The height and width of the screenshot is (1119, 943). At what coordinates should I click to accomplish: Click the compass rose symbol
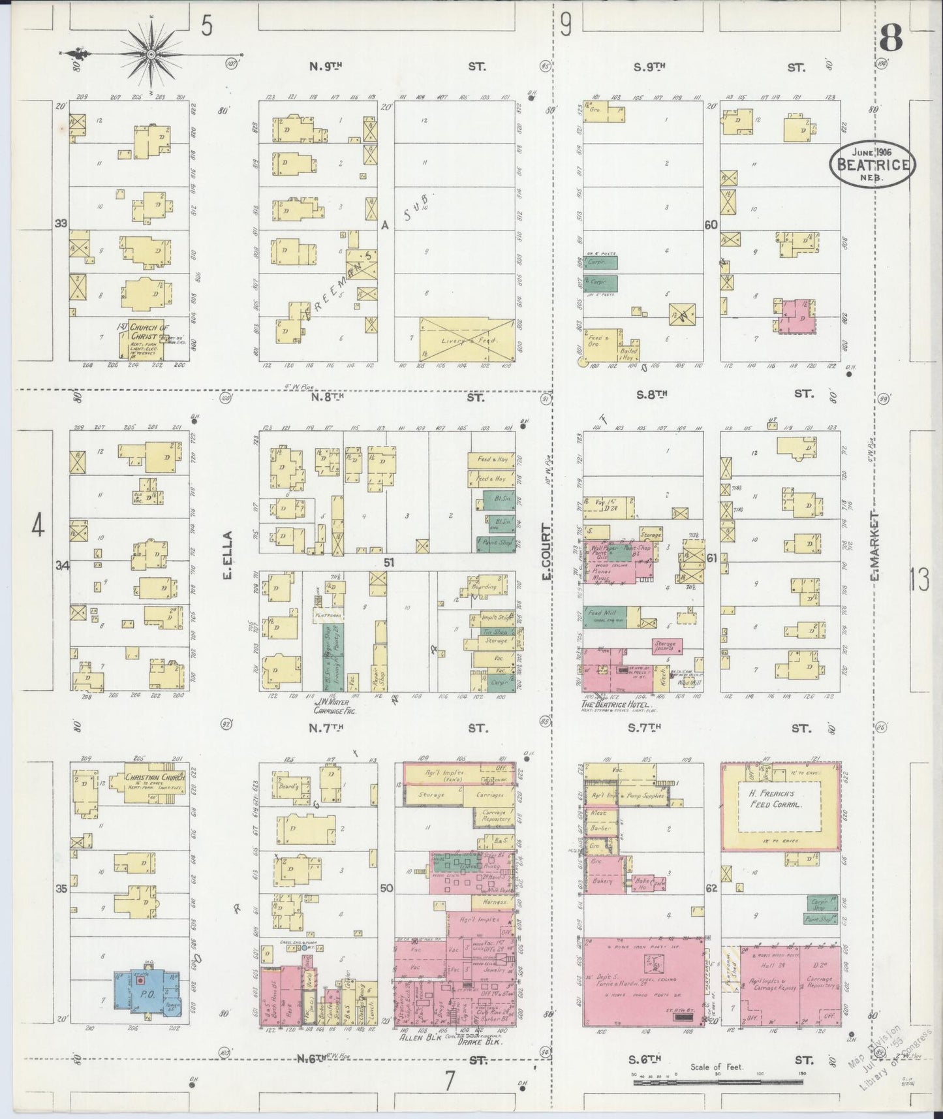tap(151, 53)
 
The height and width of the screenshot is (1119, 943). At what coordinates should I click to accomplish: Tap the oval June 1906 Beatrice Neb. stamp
tap(873, 165)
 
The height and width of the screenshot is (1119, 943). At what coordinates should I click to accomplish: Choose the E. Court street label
tap(546, 551)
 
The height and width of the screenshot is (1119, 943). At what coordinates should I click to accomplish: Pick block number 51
tap(389, 562)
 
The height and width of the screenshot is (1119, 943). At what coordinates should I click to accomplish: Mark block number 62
tap(711, 888)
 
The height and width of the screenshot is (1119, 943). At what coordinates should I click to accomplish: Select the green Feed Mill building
tap(604, 616)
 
